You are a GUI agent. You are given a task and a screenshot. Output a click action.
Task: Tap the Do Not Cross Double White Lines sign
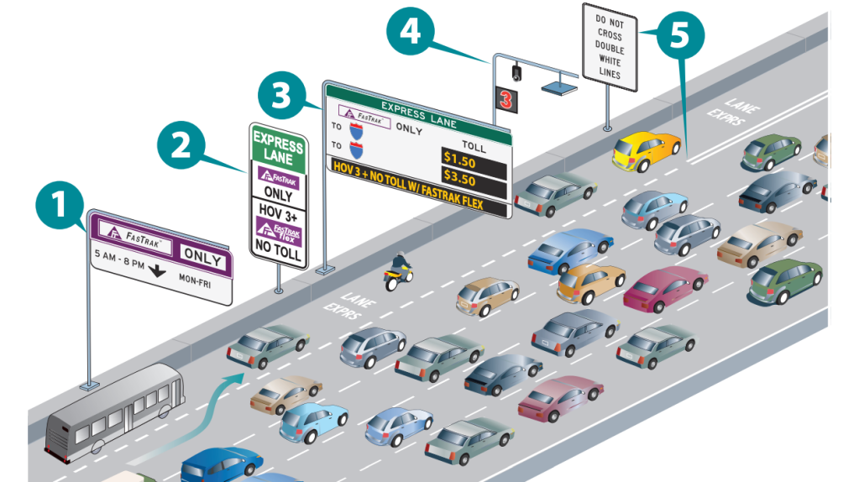(610, 46)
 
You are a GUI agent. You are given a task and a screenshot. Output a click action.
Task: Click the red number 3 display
(506, 100)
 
